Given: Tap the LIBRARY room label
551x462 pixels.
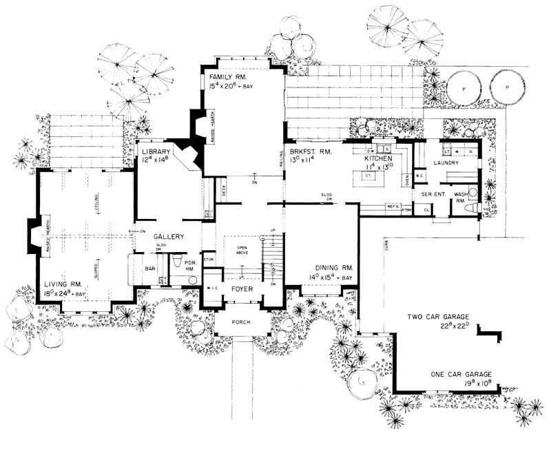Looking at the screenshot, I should tap(156, 151).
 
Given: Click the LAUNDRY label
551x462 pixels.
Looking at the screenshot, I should tap(446, 163).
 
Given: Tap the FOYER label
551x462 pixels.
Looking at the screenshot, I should tap(242, 288).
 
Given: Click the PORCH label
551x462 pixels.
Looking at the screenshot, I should tap(241, 322).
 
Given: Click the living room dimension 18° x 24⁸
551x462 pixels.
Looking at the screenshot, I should tap(64, 294).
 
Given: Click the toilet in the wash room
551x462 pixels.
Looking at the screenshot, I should tap(473, 194).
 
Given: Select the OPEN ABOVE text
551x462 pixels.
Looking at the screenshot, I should tap(242, 251).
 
